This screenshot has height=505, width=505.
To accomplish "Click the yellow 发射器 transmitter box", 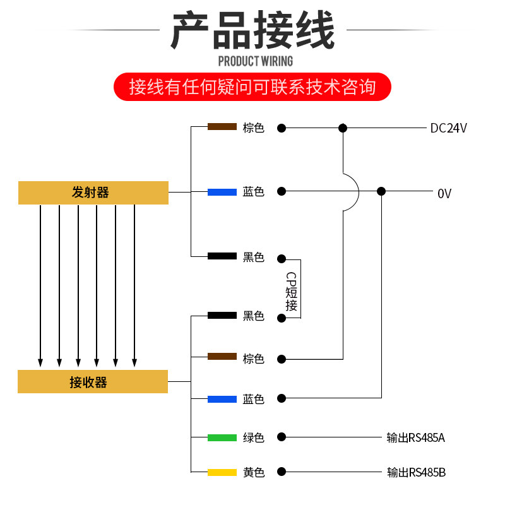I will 93,193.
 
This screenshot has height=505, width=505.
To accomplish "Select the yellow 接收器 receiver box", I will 93,382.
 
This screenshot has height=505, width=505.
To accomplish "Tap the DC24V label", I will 448,128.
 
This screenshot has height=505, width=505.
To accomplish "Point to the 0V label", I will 444,193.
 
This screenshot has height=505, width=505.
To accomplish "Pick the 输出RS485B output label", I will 416,472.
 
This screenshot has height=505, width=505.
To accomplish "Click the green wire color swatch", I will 222,437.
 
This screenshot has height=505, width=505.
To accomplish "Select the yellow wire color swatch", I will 222,472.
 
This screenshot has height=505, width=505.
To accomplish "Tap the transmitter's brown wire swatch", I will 222,127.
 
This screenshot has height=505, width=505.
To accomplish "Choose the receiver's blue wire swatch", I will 222,399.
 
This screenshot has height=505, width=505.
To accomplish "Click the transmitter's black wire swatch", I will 222,256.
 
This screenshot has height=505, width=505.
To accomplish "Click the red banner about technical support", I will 252,86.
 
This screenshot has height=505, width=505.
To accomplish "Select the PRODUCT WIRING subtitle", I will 255,61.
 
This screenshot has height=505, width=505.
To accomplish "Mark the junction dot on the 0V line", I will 381,191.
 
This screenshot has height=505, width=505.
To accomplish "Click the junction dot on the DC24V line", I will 343,128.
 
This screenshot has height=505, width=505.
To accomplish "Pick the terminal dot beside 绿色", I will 282,437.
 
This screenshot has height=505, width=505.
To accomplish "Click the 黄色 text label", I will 254,472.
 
